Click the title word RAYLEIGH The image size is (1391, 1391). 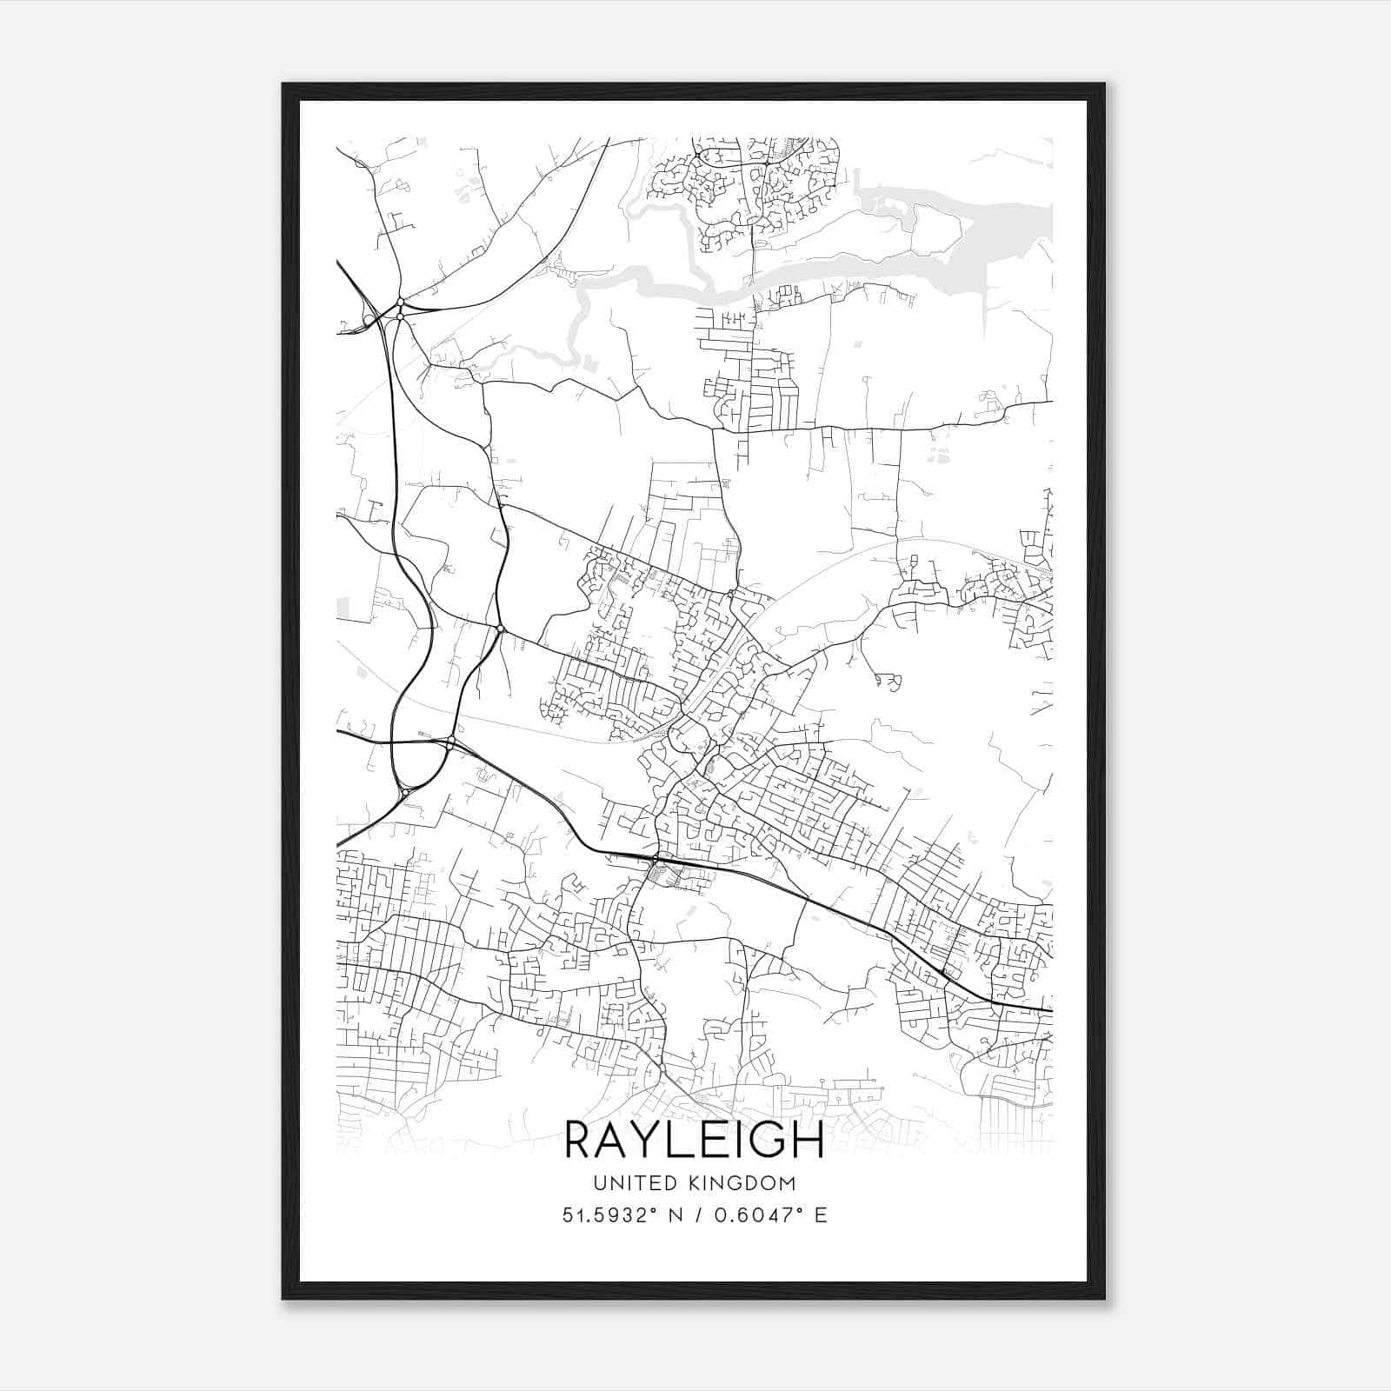pos(695,1140)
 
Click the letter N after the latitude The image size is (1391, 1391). pos(674,1215)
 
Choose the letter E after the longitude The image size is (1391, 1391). pos(821,1215)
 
